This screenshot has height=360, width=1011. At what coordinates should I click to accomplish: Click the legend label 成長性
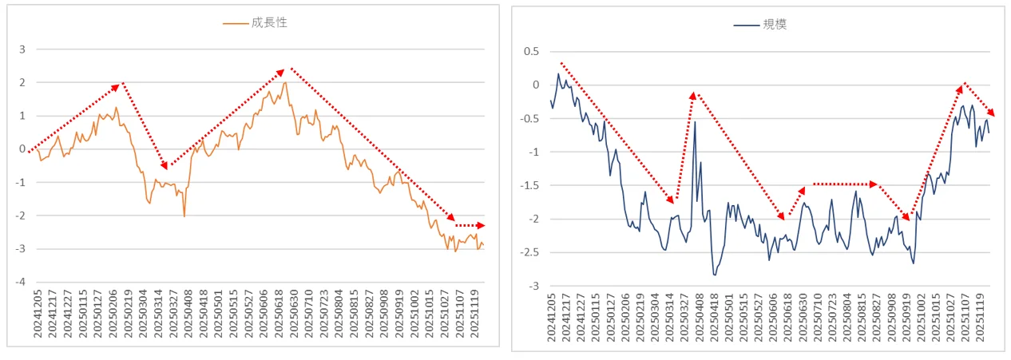coord(269,23)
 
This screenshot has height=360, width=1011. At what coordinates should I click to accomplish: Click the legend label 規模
coord(775,25)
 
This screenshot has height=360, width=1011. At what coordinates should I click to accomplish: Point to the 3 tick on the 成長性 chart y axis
coord(24,49)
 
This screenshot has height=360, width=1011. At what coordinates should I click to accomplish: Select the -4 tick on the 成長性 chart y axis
coord(22,282)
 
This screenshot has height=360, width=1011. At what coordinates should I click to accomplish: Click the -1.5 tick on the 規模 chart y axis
coord(527,186)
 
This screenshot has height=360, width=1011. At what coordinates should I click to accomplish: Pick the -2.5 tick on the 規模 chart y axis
coord(527,253)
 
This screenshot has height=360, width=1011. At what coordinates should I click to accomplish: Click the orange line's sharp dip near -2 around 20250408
coord(184,216)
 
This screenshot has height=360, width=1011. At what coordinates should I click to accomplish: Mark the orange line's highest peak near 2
coord(285,82)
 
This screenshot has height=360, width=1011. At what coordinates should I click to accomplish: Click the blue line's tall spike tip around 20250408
coord(695,121)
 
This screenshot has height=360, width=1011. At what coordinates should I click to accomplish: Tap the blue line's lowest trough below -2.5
coord(715,275)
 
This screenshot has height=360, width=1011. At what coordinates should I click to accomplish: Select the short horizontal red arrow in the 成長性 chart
coord(469,226)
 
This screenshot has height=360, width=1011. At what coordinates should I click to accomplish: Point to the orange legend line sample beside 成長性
coord(234,24)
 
